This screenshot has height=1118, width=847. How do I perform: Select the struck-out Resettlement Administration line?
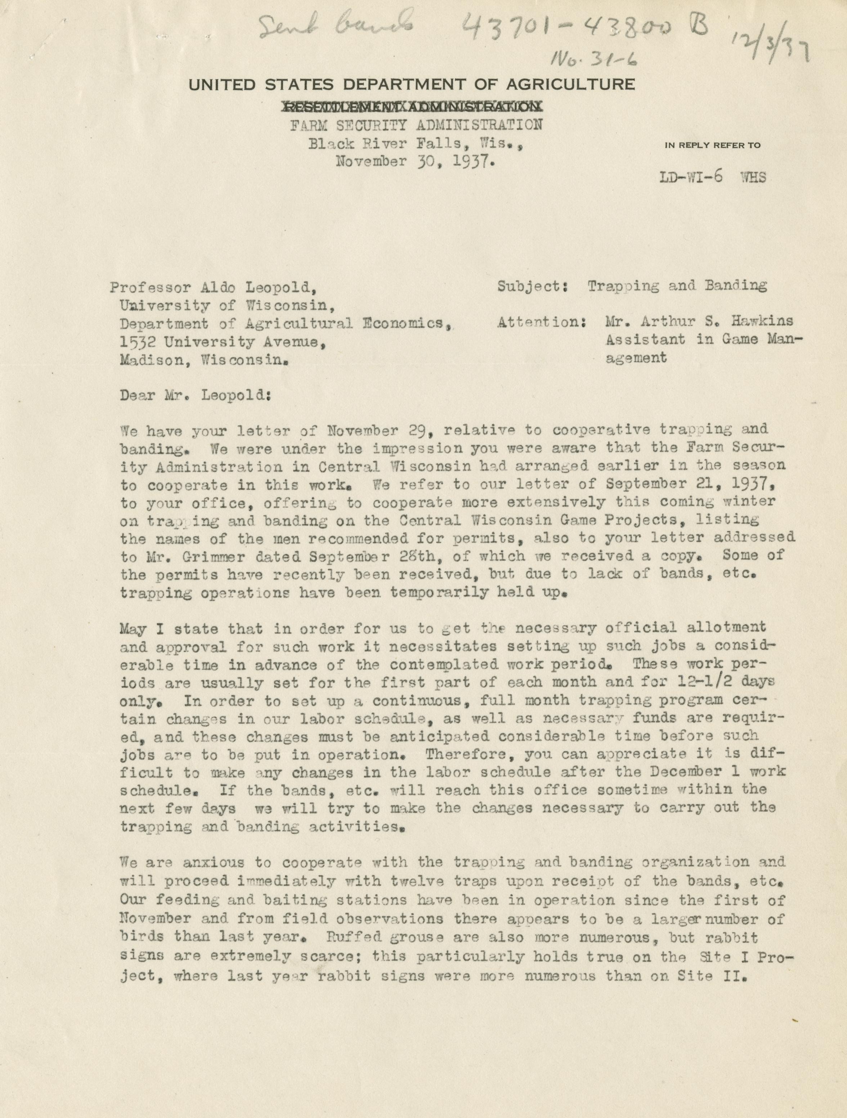[x=411, y=107]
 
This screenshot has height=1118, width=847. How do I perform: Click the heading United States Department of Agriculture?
[x=411, y=84]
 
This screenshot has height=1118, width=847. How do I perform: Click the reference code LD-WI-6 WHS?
[x=713, y=178]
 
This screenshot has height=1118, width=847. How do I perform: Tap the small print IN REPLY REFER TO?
[x=713, y=145]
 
